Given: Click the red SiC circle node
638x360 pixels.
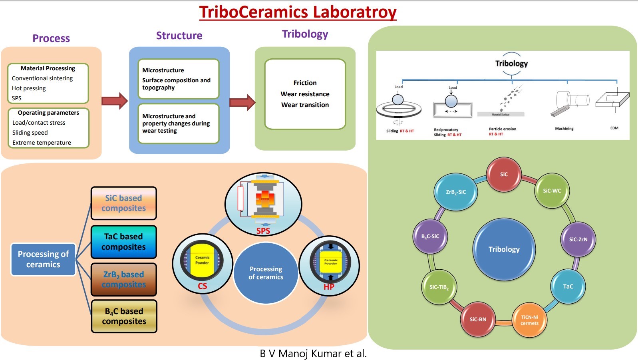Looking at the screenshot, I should [x=504, y=174].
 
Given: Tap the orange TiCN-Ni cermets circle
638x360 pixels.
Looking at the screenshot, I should [x=529, y=320].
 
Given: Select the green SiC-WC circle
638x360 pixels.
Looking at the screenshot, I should [x=552, y=191].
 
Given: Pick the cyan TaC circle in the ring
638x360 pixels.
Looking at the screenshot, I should [x=568, y=286].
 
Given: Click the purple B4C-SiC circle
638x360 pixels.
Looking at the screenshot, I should [x=430, y=236].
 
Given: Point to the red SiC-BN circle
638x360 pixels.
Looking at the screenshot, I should [x=478, y=319].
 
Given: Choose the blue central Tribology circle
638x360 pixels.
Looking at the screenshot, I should [x=504, y=249].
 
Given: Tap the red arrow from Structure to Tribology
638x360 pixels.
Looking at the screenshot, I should [x=242, y=102].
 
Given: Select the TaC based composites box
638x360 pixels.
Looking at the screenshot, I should [x=123, y=242].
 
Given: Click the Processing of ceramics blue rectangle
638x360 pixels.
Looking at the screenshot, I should [x=43, y=259].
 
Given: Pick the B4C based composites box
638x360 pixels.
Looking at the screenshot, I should [x=124, y=316].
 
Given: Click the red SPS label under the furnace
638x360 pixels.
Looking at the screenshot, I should [x=263, y=231].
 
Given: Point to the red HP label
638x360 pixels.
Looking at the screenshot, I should [x=329, y=287].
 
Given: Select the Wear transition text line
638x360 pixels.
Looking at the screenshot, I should [x=305, y=105].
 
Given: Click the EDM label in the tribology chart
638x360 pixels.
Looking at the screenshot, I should [x=614, y=128].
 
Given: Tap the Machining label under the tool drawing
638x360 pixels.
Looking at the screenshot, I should [x=564, y=129].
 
